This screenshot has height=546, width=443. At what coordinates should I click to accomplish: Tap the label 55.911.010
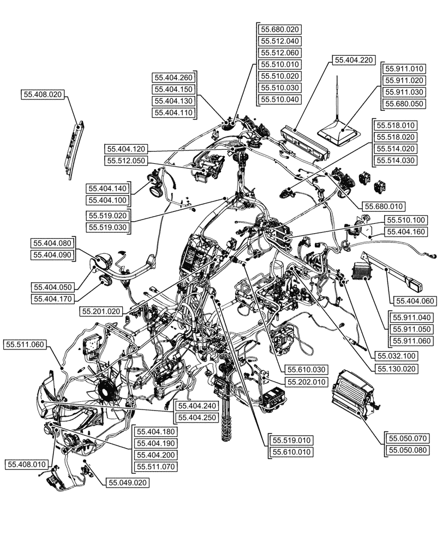[404, 69]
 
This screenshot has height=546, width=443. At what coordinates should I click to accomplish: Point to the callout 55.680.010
[382, 206]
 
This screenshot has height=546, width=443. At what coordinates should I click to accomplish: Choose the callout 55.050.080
[409, 450]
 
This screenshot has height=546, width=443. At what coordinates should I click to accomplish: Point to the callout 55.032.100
[394, 355]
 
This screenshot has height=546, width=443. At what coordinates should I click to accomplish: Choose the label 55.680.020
[280, 29]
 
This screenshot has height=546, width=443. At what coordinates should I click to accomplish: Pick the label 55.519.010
[292, 440]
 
